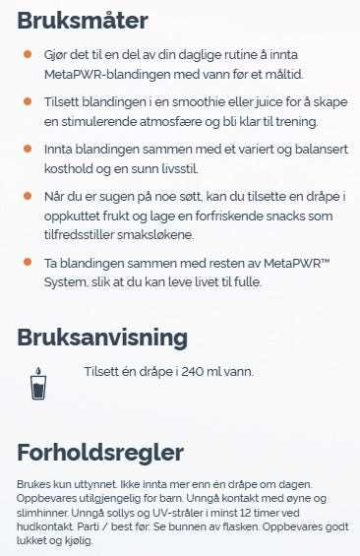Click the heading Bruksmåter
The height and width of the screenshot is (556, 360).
click(83, 21)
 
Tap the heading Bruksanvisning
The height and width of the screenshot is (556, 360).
click(101, 338)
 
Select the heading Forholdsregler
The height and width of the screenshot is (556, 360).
click(100, 453)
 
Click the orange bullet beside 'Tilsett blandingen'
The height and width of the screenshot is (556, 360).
click(28, 100)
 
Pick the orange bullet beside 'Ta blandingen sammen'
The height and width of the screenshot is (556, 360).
click(28, 263)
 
